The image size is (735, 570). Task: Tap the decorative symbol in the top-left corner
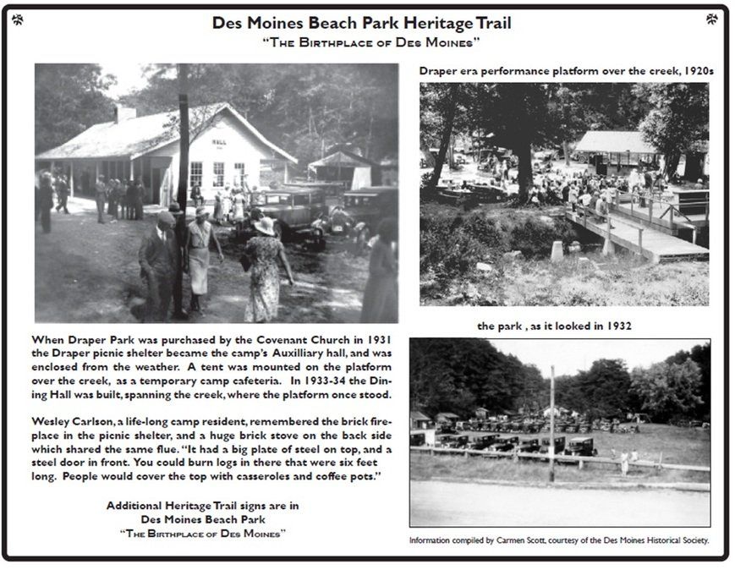click(x=18, y=19)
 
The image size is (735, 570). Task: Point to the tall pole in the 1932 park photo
click(x=551, y=423)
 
